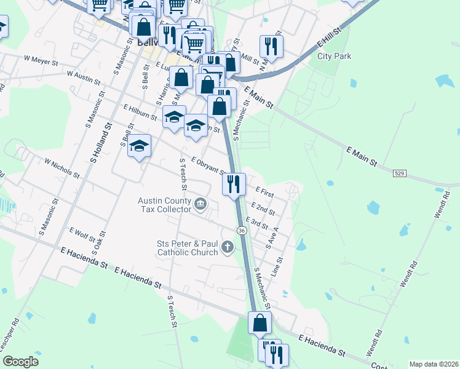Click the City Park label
pyautogui.click(x=334, y=56)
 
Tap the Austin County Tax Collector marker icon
pyautogui.click(x=200, y=204)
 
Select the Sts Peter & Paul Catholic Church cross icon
pyautogui.click(x=228, y=248)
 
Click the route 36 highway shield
pyautogui.click(x=242, y=230)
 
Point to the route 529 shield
pyautogui.click(x=399, y=174)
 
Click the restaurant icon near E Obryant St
pyautogui.click(x=233, y=184)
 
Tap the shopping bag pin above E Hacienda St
pyautogui.click(x=260, y=322)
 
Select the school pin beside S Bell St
pyautogui.click(x=140, y=145)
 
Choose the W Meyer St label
pyautogui.click(x=41, y=60)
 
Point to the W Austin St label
pyautogui.click(x=83, y=75)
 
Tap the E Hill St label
pyautogui.click(x=329, y=38)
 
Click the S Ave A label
pyautogui.click(x=272, y=237)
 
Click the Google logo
pyautogui.click(x=20, y=362)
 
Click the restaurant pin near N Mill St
pyautogui.click(x=270, y=45)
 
